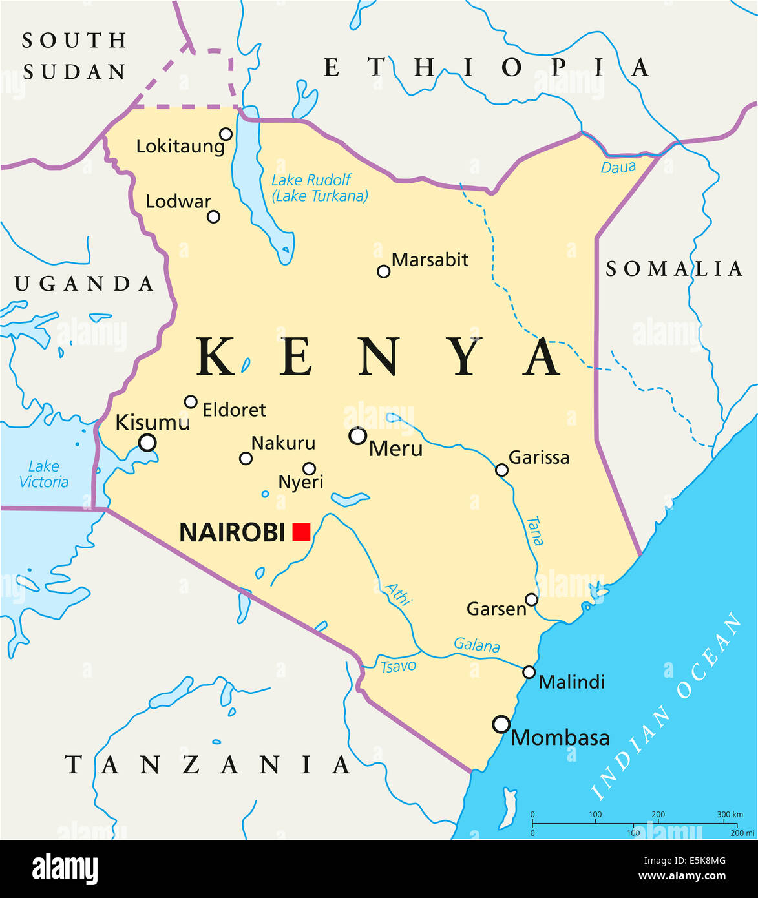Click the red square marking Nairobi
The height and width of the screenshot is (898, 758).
301,532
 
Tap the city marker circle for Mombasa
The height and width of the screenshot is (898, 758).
501,724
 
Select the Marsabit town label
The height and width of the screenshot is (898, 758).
430,260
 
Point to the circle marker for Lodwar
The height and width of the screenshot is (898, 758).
213,216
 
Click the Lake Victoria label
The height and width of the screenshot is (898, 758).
44,474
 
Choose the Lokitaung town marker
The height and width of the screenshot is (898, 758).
226,134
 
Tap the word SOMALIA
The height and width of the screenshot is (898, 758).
674,269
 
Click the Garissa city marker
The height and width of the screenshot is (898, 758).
501,470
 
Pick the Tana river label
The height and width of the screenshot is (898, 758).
534,531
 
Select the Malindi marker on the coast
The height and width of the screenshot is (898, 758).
529,673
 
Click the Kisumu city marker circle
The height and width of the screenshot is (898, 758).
147,443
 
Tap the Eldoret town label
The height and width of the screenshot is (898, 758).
234,410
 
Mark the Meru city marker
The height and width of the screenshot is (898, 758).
357,436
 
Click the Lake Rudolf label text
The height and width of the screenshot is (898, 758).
311,180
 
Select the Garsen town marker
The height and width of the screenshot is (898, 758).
531,600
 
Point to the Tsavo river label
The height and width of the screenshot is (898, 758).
398,666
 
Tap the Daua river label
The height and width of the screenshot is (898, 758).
618,167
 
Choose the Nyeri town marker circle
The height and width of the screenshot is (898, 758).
309,468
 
